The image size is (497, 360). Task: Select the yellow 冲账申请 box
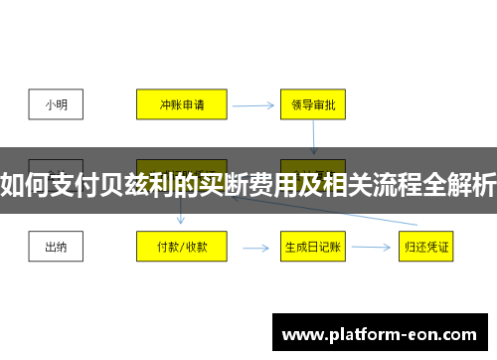pyautogui.click(x=181, y=101)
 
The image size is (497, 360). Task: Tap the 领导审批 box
pyautogui.click(x=312, y=101)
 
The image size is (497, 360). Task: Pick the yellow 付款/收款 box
pyautogui.click(x=181, y=246)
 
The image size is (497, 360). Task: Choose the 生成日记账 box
pyautogui.click(x=312, y=246)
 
